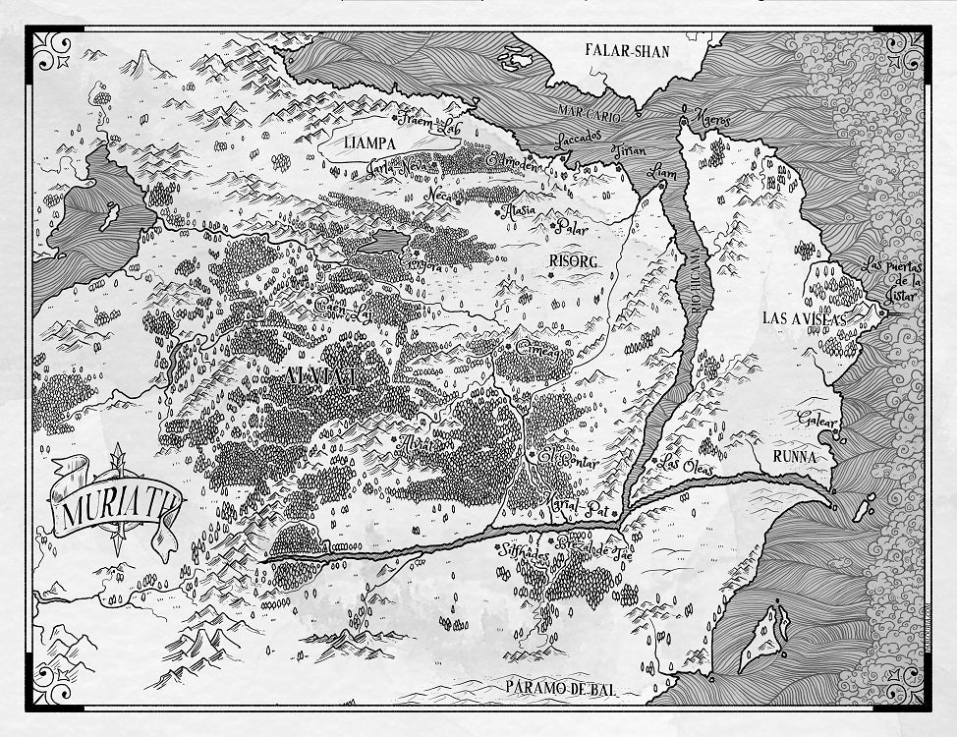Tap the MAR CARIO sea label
(590, 115)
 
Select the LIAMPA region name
(369, 142)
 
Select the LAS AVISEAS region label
(802, 317)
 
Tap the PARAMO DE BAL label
(562, 689)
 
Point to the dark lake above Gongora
(385, 241)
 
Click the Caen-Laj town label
(344, 308)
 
